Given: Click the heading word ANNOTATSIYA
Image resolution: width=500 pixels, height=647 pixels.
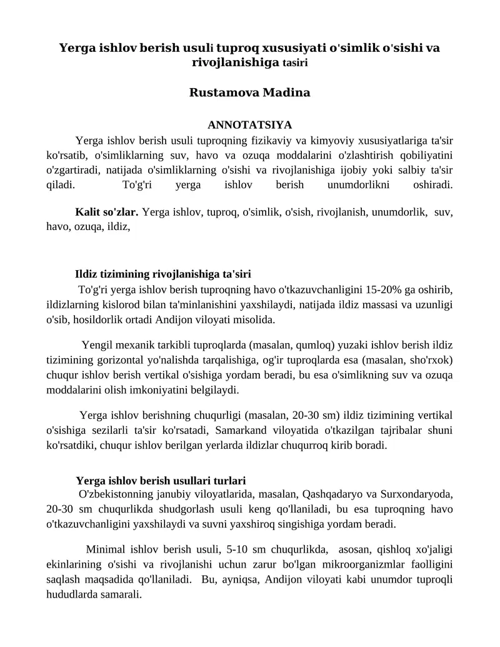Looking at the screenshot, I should coord(249,125).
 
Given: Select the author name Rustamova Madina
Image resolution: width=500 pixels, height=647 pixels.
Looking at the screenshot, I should coord(249,93).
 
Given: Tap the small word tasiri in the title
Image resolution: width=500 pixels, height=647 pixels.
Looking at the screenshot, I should coord(295,63).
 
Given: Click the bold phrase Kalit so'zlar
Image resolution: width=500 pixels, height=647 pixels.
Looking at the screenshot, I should coord(107,212).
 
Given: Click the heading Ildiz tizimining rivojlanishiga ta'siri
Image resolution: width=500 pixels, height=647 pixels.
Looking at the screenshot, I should coord(163,274).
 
